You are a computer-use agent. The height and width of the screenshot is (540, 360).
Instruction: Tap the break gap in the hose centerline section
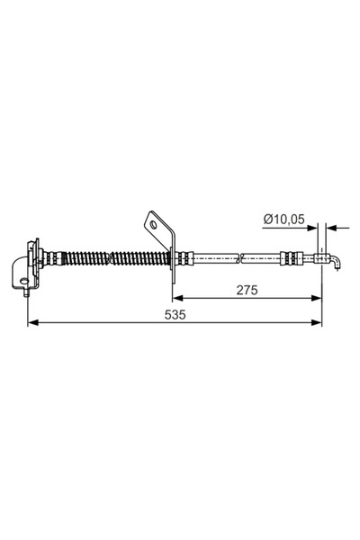[243, 257]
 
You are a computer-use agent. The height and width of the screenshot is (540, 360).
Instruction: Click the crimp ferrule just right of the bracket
[183, 257]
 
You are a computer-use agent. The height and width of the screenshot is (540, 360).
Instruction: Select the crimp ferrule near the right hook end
[290, 257]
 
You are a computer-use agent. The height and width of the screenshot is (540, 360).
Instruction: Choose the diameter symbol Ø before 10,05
[267, 219]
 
